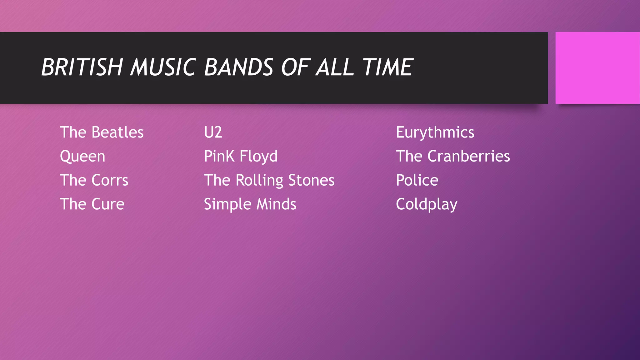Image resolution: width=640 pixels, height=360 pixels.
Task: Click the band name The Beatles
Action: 102,132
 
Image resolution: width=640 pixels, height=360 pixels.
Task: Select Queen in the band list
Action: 82,156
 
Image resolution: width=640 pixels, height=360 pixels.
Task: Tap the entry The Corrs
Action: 94,180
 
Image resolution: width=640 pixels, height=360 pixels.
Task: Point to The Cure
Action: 92,204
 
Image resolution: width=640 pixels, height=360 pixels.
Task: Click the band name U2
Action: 213,132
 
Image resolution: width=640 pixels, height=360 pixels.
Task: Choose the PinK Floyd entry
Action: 241,156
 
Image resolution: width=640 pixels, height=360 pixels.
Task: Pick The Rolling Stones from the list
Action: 269,180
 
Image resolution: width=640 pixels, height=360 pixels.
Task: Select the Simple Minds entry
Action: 250,204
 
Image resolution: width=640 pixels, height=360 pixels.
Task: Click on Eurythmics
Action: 435,132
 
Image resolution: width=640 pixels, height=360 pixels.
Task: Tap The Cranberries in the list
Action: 453,156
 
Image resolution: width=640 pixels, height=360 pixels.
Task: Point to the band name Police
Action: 417,180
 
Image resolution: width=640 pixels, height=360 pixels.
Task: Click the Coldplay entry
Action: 427,204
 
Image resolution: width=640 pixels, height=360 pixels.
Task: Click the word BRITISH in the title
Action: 82,67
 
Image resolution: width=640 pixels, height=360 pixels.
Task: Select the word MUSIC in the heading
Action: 163,67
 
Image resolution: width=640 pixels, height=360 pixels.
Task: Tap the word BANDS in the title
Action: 239,67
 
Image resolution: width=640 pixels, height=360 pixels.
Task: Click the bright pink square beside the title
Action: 597,68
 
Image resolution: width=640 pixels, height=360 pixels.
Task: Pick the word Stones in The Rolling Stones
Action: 311,180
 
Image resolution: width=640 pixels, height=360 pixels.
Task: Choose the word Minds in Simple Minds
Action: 276,204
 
